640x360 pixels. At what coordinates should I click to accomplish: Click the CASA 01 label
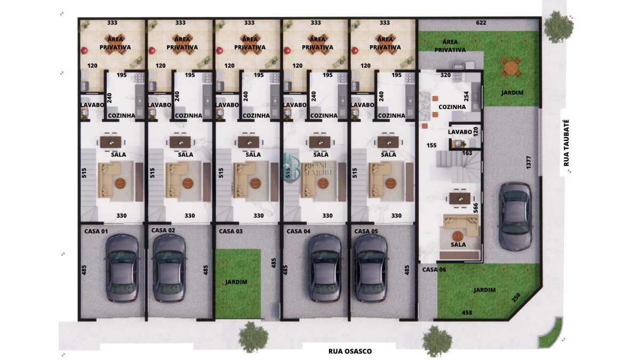(96, 231)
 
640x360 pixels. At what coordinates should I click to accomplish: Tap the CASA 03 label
(230, 231)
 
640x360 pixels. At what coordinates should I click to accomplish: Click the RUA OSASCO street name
(350, 351)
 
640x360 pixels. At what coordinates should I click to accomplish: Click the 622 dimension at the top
(481, 23)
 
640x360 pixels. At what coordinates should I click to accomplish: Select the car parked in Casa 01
(122, 268)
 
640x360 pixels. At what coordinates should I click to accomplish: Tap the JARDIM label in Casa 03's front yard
(236, 282)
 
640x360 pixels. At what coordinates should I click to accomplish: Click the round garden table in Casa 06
(510, 68)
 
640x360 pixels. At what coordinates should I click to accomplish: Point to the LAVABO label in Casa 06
(460, 132)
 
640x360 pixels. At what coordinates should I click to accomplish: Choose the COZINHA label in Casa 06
(452, 107)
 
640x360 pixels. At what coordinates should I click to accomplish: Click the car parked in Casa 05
(371, 268)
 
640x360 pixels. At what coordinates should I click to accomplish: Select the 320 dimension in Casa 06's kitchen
(445, 75)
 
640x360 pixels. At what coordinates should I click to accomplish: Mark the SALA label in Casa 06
(458, 245)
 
